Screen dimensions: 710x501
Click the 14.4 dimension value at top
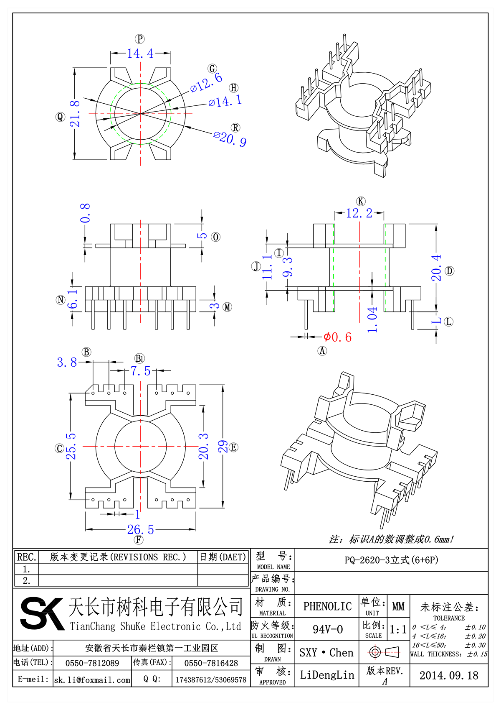pos(140,54)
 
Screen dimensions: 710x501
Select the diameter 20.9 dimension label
pos(230,138)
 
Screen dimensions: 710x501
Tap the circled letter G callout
pos(213,69)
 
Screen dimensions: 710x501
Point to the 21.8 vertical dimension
pos(75,114)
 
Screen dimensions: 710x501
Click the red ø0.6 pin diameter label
pos(337,337)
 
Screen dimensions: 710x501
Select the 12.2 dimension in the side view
pos(359,213)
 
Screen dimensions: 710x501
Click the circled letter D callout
pos(449,271)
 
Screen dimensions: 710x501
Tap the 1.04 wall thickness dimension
pos(372,319)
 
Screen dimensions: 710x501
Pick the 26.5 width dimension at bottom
pos(141,530)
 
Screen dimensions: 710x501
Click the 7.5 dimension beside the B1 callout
pos(140,371)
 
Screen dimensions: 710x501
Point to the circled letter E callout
pos(233,447)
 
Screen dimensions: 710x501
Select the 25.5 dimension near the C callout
pos(71,446)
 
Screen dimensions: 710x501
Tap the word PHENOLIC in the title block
pos(327,606)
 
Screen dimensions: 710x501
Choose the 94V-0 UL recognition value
pos(327,629)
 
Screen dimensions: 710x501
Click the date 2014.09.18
pos(449,675)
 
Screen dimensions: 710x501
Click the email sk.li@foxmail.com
pos(92,680)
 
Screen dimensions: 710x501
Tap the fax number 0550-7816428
pos(211,663)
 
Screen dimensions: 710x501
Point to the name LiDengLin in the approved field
pos(327,675)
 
